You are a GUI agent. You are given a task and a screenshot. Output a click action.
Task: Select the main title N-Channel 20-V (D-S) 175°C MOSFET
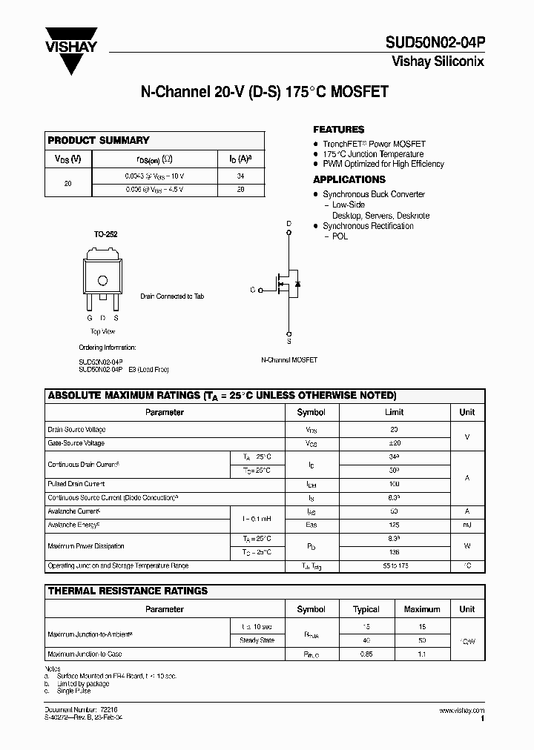(x=265, y=93)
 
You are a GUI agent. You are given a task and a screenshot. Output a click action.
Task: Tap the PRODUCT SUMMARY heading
(x=99, y=140)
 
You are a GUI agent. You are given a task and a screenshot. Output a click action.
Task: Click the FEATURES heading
(x=338, y=129)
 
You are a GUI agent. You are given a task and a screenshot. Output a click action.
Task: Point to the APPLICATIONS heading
(x=349, y=179)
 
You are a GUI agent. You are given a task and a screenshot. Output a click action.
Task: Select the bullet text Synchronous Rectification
(x=368, y=226)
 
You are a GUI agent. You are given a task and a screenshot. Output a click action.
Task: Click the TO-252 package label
(x=105, y=234)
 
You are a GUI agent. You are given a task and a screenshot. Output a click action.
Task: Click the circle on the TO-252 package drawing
(x=103, y=280)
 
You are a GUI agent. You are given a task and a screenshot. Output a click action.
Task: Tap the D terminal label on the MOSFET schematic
(x=289, y=223)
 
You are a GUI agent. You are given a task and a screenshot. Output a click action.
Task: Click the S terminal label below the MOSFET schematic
(x=289, y=342)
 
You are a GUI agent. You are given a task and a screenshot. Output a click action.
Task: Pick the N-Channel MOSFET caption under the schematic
(x=289, y=359)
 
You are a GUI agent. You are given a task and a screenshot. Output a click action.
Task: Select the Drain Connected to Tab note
(x=172, y=296)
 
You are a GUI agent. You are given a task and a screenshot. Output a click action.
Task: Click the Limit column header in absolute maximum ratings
(x=394, y=412)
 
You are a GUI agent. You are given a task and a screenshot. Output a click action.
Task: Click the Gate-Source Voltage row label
(x=76, y=443)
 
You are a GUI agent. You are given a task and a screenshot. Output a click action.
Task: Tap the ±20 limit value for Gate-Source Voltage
(x=394, y=443)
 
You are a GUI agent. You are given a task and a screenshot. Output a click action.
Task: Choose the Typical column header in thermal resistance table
(x=366, y=609)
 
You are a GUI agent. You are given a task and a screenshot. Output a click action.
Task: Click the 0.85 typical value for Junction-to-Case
(x=366, y=654)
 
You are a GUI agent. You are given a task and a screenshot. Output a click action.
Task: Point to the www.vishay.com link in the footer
(x=461, y=710)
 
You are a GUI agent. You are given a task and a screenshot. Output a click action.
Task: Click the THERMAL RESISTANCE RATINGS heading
(x=128, y=591)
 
